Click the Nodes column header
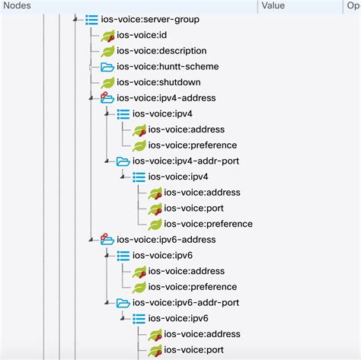pyautogui.click(x=18, y=5)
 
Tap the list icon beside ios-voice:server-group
pyautogui.click(x=91, y=20)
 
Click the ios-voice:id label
pyautogui.click(x=142, y=35)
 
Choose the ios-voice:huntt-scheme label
pyautogui.click(x=168, y=67)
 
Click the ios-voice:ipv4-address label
pyautogui.click(x=166, y=98)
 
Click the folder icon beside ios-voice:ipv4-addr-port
pyautogui.click(x=123, y=161)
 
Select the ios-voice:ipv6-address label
pyautogui.click(x=166, y=239)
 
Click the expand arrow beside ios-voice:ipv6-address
pyautogui.click(x=91, y=239)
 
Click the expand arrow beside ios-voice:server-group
pyautogui.click(x=75, y=20)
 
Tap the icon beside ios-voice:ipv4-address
pyautogui.click(x=107, y=98)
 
